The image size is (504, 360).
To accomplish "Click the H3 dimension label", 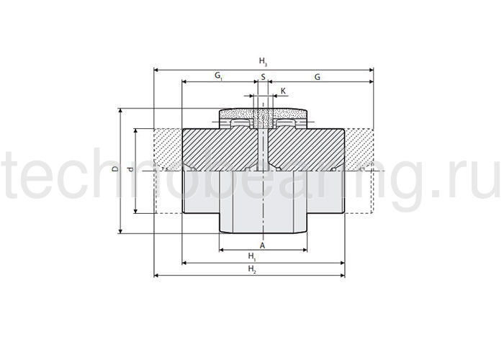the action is coord(263,61).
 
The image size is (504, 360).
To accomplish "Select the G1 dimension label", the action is coord(218,76).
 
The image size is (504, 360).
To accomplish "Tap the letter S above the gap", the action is coord(264,77).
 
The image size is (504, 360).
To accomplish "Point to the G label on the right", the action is coord(318,77).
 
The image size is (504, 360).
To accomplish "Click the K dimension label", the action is coord(283,91).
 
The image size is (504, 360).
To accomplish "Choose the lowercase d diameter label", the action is coord(130,169).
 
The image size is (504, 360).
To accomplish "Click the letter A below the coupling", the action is coord(263,246).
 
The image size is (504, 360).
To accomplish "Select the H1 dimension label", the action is coord(252,256).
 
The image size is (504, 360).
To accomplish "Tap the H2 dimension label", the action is coord(252,269).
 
